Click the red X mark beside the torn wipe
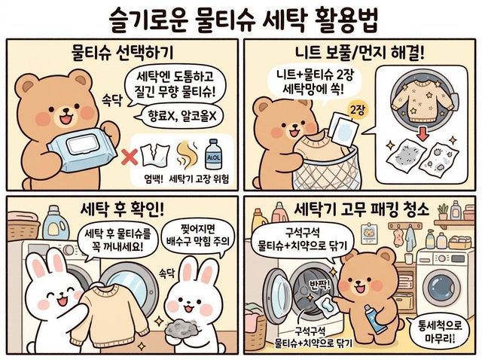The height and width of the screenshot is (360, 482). [130, 157]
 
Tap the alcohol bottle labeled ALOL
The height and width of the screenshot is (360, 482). [213, 154]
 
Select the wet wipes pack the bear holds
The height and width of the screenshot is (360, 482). [82, 150]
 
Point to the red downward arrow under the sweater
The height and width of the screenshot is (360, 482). [424, 133]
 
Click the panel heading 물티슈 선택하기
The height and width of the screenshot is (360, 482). [122, 53]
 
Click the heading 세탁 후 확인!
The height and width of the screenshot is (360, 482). [122, 210]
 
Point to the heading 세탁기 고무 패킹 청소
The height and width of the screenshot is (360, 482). [361, 210]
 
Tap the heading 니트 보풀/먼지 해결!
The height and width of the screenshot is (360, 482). [359, 53]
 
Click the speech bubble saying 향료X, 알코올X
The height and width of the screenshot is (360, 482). [181, 116]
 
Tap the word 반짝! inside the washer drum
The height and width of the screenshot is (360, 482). [319, 283]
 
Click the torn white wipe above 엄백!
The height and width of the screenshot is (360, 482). [155, 157]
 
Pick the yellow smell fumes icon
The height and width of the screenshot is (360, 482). [187, 154]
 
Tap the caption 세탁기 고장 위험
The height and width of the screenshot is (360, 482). [199, 180]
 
